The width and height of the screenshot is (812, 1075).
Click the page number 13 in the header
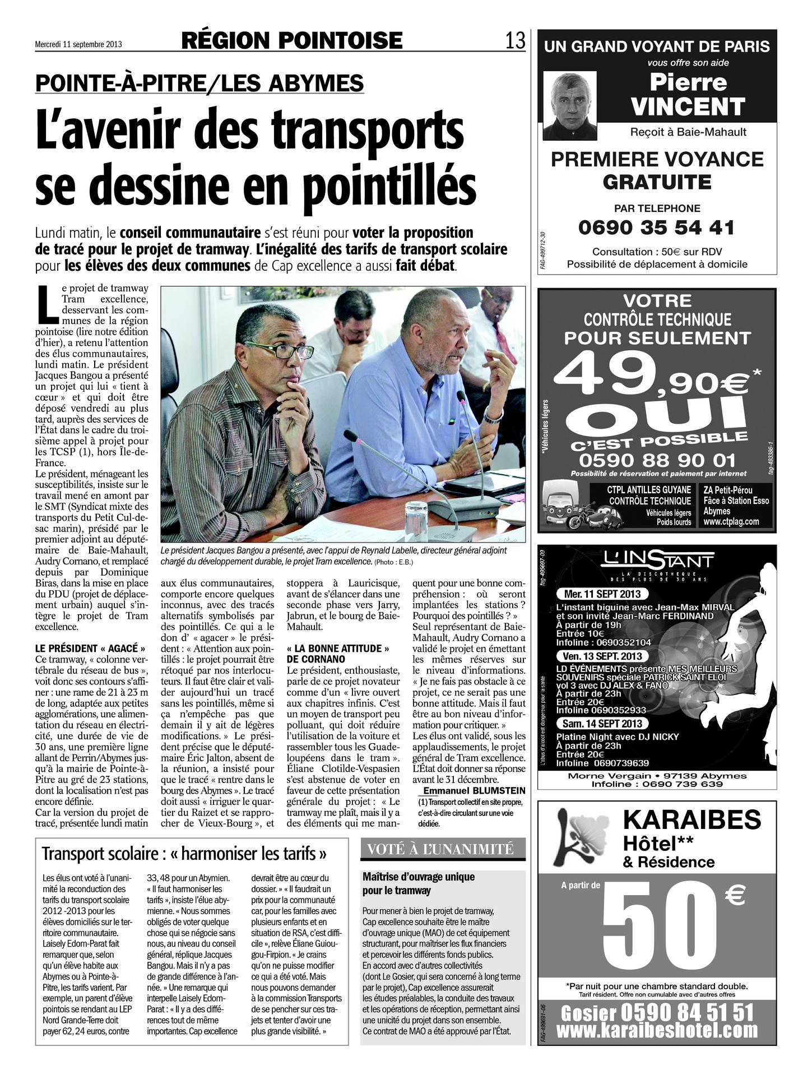(515, 40)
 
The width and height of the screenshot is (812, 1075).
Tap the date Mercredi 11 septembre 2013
(78, 44)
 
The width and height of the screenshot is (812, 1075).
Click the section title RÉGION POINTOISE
(292, 40)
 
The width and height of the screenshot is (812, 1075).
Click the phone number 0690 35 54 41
(656, 228)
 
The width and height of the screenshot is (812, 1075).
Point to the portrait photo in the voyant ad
(570, 106)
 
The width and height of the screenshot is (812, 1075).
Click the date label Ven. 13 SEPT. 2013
(600, 656)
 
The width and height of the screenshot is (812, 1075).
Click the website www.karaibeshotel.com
(657, 1030)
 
